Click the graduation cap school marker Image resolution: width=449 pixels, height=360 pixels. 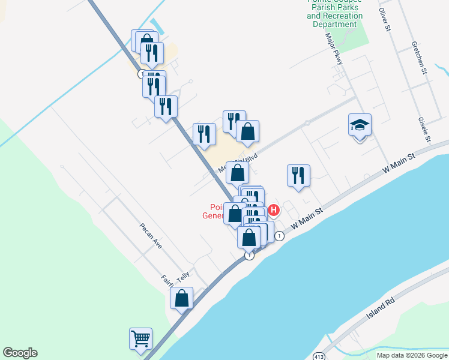click(360, 125)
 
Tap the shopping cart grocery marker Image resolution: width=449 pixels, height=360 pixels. click(140, 338)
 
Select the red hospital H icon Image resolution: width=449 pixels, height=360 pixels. click(274, 210)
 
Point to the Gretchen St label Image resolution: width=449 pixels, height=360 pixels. click(418, 58)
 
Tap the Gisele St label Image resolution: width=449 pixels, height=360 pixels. click(425, 130)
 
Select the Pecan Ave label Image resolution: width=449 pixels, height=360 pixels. click(151, 236)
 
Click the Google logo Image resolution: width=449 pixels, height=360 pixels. click(20, 353)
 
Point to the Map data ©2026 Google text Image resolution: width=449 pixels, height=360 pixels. click(412, 355)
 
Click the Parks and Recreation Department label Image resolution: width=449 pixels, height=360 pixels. click(335, 16)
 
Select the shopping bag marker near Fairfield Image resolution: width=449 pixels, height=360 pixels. click(181, 298)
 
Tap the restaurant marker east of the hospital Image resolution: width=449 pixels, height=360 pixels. click(298, 176)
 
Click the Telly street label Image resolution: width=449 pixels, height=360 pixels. click(183, 275)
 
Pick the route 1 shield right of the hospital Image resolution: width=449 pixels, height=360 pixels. click(280, 236)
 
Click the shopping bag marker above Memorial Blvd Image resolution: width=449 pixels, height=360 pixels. click(247, 131)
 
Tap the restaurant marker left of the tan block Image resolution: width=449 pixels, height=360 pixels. click(204, 134)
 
